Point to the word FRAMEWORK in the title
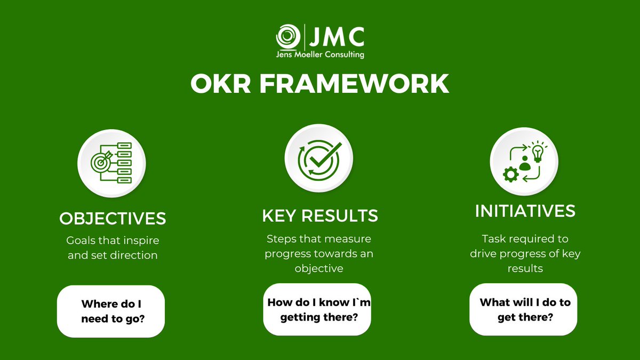355,84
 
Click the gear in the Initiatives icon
510,174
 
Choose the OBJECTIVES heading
113,219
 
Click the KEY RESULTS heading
320,215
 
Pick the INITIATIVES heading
525,211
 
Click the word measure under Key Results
347,238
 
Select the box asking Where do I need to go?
111,311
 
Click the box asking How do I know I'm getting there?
317,309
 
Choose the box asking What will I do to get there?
523,309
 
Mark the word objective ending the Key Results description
319,268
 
